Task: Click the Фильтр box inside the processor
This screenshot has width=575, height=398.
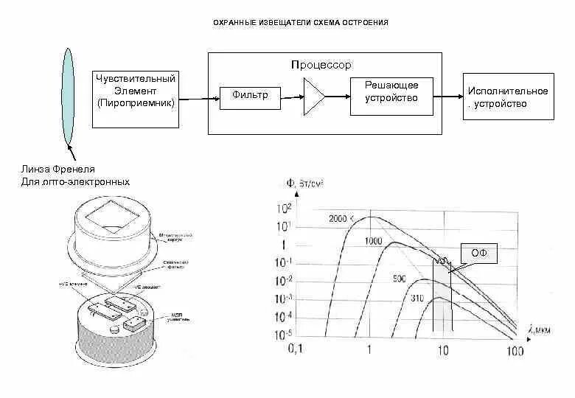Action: (x=250, y=96)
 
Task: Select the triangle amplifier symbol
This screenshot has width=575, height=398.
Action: (x=313, y=97)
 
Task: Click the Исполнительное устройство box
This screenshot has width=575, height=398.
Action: (x=508, y=97)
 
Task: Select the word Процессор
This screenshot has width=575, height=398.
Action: (x=321, y=66)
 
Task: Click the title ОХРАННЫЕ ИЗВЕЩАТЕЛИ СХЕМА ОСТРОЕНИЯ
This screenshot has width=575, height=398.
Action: (x=301, y=23)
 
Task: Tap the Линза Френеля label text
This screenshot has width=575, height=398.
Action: (x=58, y=170)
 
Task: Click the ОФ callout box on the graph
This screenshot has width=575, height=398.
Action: (x=479, y=254)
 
